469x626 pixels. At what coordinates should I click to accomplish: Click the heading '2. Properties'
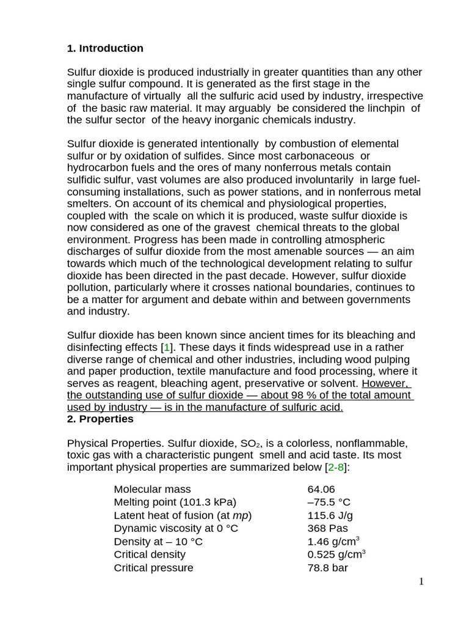pos(100,419)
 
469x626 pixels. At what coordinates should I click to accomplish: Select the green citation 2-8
pos(336,467)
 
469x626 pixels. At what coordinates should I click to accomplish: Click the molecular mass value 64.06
pos(321,489)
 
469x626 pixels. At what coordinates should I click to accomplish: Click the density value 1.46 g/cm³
pos(333,542)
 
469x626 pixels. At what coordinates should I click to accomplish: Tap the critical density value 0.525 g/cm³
pos(336,554)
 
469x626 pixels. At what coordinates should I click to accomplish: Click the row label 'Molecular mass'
pos(152,489)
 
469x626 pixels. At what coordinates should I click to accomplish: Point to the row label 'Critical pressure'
pos(153,568)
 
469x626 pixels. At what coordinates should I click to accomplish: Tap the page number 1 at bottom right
pos(421,581)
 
